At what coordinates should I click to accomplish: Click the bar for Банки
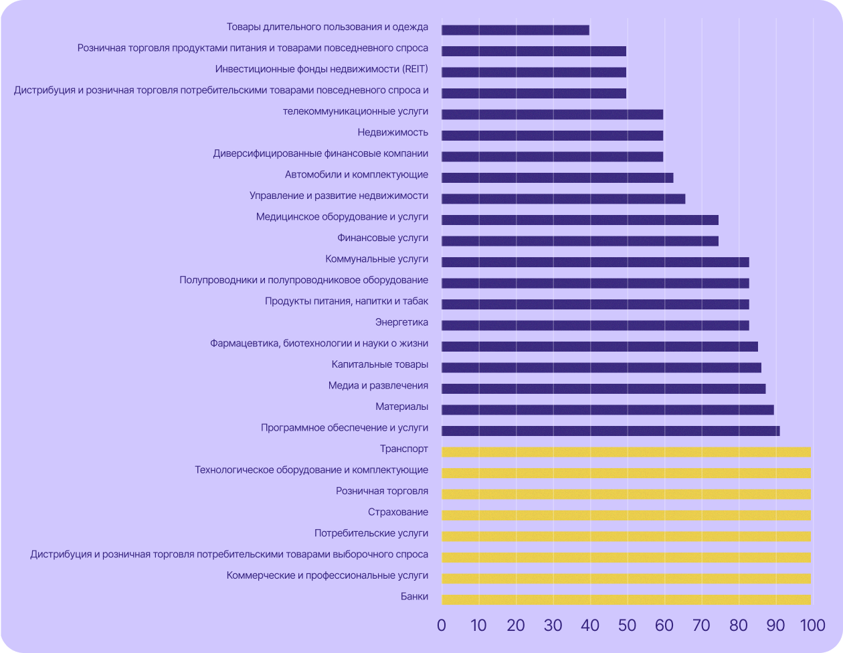click(626, 599)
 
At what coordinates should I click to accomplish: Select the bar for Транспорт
click(626, 452)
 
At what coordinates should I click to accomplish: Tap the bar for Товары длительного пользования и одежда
click(515, 29)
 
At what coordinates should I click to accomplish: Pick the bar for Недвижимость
click(552, 135)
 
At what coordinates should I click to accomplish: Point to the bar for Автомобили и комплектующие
click(557, 177)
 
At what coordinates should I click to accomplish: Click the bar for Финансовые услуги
click(579, 240)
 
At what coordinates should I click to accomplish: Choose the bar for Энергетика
click(595, 325)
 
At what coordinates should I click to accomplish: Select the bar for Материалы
click(607, 409)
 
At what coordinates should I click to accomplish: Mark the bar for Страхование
click(626, 515)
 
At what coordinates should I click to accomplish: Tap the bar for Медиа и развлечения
click(603, 388)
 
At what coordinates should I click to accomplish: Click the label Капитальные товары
click(380, 365)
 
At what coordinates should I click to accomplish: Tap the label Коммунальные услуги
click(377, 259)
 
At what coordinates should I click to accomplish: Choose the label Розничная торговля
click(382, 491)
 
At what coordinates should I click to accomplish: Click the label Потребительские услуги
click(371, 534)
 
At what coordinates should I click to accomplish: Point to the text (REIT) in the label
click(415, 69)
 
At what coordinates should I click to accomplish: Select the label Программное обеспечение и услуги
click(345, 428)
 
